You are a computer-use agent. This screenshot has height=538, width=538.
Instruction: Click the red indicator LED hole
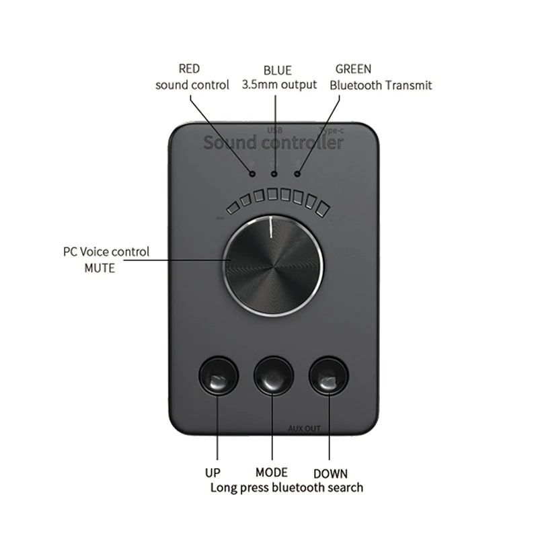coord(252,173)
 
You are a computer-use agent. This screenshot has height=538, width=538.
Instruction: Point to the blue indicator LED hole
coord(274,174)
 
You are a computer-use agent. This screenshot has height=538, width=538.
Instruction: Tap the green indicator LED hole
coord(297,174)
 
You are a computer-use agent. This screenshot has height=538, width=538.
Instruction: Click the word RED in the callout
coord(190,69)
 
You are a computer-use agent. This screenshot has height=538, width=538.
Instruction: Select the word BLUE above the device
coord(278,70)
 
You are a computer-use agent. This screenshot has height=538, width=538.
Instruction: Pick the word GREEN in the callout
coord(353,69)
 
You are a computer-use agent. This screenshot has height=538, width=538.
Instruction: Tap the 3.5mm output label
coord(278,85)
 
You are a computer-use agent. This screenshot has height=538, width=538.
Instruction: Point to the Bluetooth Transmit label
coord(381,85)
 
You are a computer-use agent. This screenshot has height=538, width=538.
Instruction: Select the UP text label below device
coord(212,473)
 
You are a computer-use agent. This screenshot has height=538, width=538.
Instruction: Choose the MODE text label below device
coord(272,473)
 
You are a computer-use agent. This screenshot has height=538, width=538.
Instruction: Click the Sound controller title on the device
coord(273,143)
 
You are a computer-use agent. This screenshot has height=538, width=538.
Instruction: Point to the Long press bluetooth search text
coord(287,488)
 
